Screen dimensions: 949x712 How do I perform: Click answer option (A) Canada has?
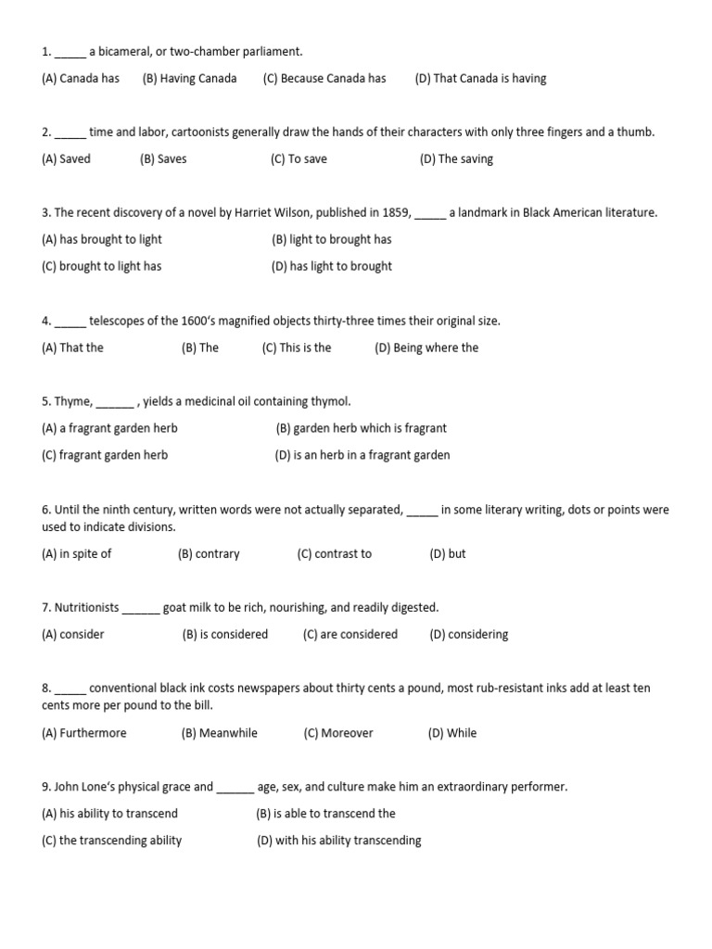(81, 79)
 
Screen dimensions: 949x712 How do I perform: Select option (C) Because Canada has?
(324, 79)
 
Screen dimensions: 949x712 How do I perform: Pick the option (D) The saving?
(456, 159)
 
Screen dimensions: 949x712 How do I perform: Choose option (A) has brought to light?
(102, 240)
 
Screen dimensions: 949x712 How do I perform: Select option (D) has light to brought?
(331, 267)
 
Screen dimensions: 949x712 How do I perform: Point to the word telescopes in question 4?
(118, 322)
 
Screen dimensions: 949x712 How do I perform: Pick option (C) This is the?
(297, 348)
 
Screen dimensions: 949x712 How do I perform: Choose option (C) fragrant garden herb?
(105, 456)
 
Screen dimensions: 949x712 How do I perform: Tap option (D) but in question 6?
(448, 554)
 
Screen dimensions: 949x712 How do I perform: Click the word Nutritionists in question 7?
(87, 608)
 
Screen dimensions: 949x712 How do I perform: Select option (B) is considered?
(225, 635)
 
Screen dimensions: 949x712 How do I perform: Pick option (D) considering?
(469, 635)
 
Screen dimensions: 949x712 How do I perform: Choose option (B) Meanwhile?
(220, 733)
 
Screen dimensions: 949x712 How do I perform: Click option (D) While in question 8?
(452, 733)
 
